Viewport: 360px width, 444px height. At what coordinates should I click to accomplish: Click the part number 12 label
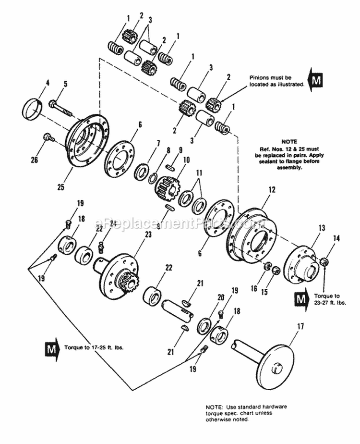coord(272,190)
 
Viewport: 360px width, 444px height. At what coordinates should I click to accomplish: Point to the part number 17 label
coord(300,327)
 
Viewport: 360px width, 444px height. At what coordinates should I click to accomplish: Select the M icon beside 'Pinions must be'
coord(315,80)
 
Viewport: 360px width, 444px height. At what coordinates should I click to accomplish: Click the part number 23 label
coord(147,234)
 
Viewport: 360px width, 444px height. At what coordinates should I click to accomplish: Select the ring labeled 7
coord(142,171)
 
